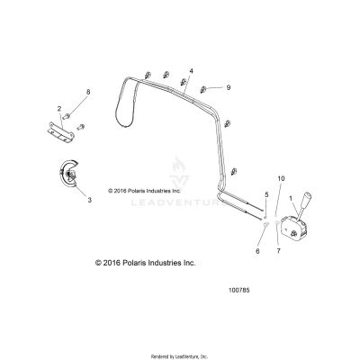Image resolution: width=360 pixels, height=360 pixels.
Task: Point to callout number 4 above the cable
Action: [191, 70]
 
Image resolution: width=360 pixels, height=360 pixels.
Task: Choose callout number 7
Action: [278, 253]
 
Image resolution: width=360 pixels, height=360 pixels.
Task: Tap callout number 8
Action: [88, 93]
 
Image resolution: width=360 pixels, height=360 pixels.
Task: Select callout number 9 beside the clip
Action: [229, 87]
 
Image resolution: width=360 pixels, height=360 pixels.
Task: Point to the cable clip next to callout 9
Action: [206, 88]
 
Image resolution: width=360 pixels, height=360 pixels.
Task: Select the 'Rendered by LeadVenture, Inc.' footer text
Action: [180, 355]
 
